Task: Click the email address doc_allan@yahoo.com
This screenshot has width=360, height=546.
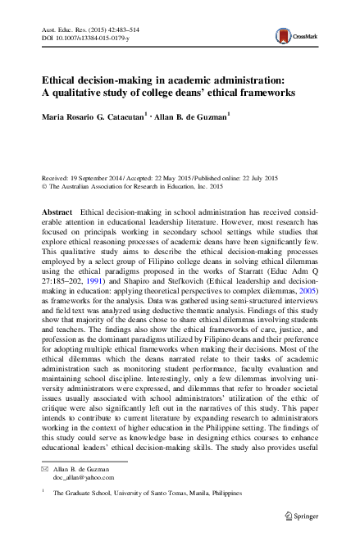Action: coord(84,476)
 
